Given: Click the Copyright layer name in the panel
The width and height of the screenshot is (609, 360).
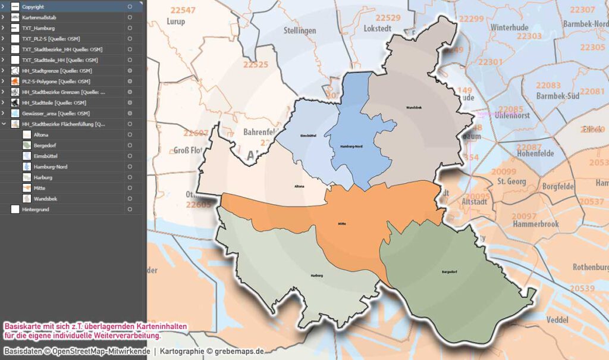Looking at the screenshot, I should [33, 7].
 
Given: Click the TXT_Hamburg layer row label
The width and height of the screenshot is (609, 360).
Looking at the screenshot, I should [38, 28].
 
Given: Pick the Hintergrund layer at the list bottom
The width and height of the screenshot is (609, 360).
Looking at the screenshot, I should [35, 209].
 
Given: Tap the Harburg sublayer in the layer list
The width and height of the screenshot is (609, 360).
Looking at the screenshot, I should [43, 177].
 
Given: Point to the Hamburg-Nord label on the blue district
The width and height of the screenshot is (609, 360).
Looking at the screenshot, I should [351, 146].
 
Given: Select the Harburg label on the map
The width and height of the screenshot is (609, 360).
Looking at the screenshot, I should [316, 276].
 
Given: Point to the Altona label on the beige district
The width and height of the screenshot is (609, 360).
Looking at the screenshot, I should [300, 186].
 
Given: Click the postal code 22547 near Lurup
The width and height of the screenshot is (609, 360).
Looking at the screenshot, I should [183, 11].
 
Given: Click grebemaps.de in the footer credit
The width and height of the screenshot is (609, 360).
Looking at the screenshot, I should [236, 350].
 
